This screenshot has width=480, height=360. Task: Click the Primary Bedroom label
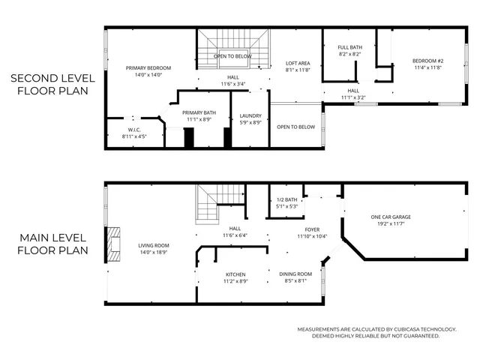149,67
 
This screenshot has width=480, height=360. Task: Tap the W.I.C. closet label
133,130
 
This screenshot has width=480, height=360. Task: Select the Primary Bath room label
199,112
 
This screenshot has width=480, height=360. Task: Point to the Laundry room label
250,115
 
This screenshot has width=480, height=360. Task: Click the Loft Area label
298,64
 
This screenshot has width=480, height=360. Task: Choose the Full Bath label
349,47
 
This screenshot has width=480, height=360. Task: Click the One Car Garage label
391,217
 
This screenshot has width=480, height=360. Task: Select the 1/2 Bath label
287,199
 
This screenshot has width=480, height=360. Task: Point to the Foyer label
312,229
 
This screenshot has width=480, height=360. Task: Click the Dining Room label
295,274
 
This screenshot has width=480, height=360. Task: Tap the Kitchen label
235,274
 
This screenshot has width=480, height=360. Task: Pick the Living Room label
153,245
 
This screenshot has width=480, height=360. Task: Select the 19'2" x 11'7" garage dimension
391,223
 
